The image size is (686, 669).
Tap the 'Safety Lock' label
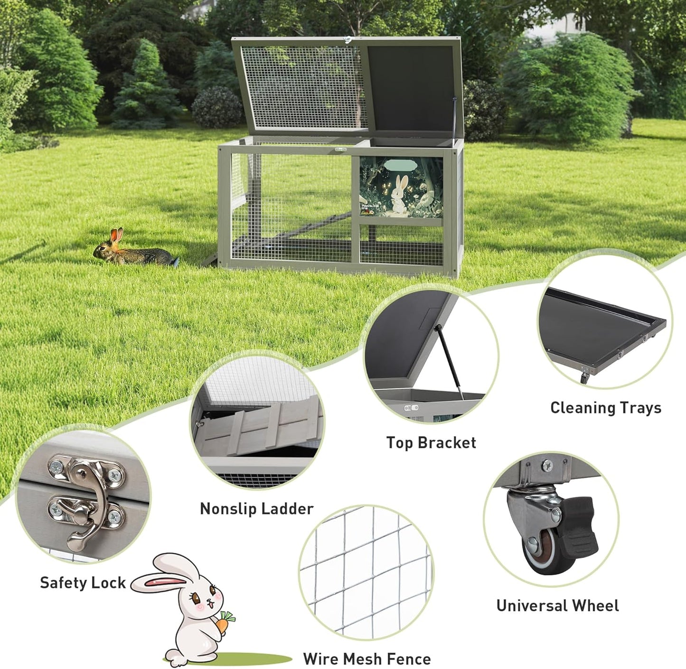click(83, 583)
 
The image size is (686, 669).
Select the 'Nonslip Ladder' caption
click(256, 509)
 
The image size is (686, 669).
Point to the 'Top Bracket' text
click(431, 443)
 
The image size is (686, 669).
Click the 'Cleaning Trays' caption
click(605, 408)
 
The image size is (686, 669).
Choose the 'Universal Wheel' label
click(557, 605)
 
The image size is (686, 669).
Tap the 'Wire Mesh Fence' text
click(366, 659)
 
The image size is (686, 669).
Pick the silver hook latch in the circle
click(88, 503)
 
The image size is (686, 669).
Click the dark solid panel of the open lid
click(411, 88)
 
